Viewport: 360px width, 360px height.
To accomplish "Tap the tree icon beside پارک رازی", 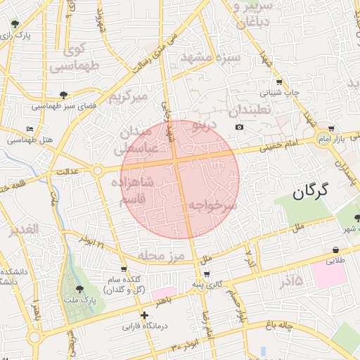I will (x=15, y=25).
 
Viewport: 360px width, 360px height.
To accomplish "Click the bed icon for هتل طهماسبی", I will (x=29, y=129).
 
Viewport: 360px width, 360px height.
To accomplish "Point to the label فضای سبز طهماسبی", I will (x=64, y=108).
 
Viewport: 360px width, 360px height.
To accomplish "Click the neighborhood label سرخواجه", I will (x=212, y=205).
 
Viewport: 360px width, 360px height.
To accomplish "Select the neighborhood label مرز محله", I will (x=161, y=255).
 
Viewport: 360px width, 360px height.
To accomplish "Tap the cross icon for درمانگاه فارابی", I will (x=145, y=316).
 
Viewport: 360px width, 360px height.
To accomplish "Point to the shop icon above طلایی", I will (x=336, y=250).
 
